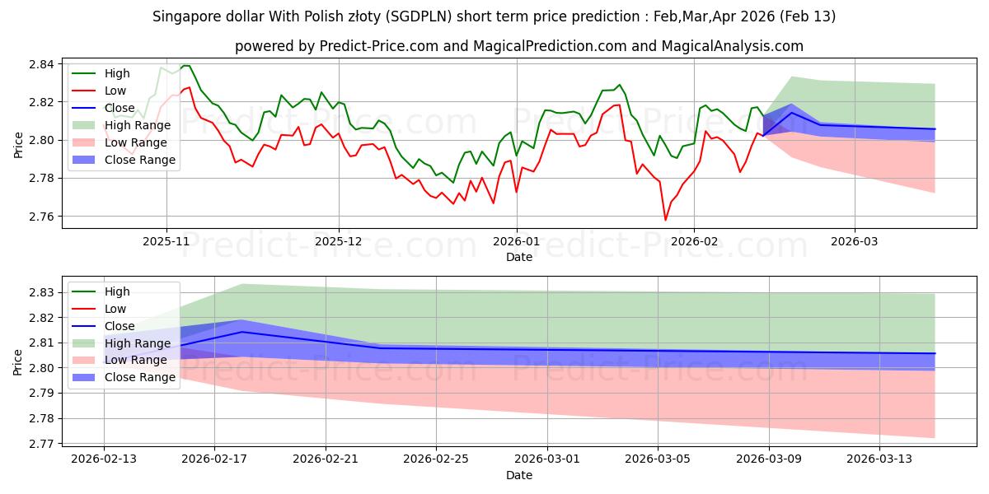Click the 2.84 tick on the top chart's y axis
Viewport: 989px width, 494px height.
click(x=41, y=64)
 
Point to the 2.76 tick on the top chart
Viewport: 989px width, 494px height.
click(x=41, y=217)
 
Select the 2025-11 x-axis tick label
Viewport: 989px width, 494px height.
click(x=166, y=242)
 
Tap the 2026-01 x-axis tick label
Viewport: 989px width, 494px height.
click(x=517, y=242)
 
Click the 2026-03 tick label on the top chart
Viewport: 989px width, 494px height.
click(x=854, y=242)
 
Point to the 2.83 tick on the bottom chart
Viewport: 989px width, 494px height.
click(x=41, y=292)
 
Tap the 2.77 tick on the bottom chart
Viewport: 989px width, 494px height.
click(x=41, y=444)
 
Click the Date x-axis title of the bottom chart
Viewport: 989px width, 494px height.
click(x=519, y=475)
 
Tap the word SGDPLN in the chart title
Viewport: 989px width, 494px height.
click(x=418, y=16)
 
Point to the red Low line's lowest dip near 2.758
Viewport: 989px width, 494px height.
click(x=665, y=220)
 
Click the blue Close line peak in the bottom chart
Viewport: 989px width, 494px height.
click(x=241, y=332)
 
